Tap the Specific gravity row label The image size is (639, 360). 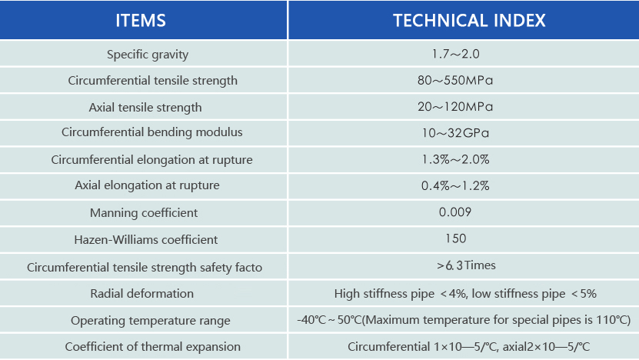pos(148,55)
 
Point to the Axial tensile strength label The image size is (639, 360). pos(145,107)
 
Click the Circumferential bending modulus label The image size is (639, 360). pos(152,132)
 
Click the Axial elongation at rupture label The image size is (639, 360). pos(147,185)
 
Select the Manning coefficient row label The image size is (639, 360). pos(144,212)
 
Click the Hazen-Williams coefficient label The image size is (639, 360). pos(146,239)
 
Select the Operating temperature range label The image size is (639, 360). pos(151,320)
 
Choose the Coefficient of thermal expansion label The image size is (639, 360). pos(153,346)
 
